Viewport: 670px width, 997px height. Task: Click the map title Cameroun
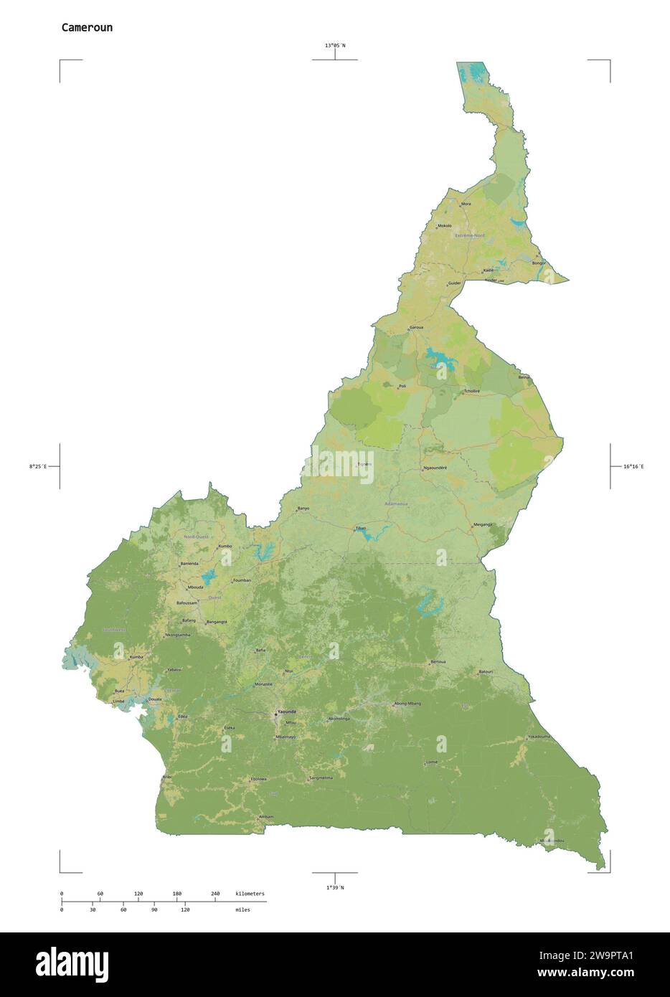pyautogui.click(x=87, y=28)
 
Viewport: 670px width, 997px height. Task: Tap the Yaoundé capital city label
pyautogui.click(x=286, y=712)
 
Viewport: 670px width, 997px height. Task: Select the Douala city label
pyautogui.click(x=154, y=698)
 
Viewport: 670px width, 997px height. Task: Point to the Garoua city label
pyautogui.click(x=416, y=327)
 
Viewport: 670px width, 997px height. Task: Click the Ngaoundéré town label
pyautogui.click(x=435, y=468)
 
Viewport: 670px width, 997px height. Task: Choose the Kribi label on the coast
pyautogui.click(x=167, y=776)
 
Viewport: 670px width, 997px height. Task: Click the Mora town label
pyautogui.click(x=466, y=204)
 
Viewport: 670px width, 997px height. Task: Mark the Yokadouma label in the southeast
pyautogui.click(x=539, y=737)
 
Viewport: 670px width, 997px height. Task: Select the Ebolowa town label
pyautogui.click(x=258, y=778)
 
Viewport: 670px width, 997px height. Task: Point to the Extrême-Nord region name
pyautogui.click(x=470, y=235)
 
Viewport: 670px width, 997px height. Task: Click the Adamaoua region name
pyautogui.click(x=396, y=504)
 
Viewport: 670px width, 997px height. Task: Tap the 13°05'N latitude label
pyautogui.click(x=334, y=46)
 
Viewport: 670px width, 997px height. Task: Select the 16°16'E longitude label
pyautogui.click(x=633, y=467)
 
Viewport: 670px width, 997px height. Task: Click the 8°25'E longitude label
pyautogui.click(x=37, y=467)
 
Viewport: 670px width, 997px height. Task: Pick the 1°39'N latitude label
pyautogui.click(x=335, y=887)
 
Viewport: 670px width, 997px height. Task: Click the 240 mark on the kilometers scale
pyautogui.click(x=215, y=894)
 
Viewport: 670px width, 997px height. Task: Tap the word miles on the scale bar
pyautogui.click(x=242, y=909)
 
